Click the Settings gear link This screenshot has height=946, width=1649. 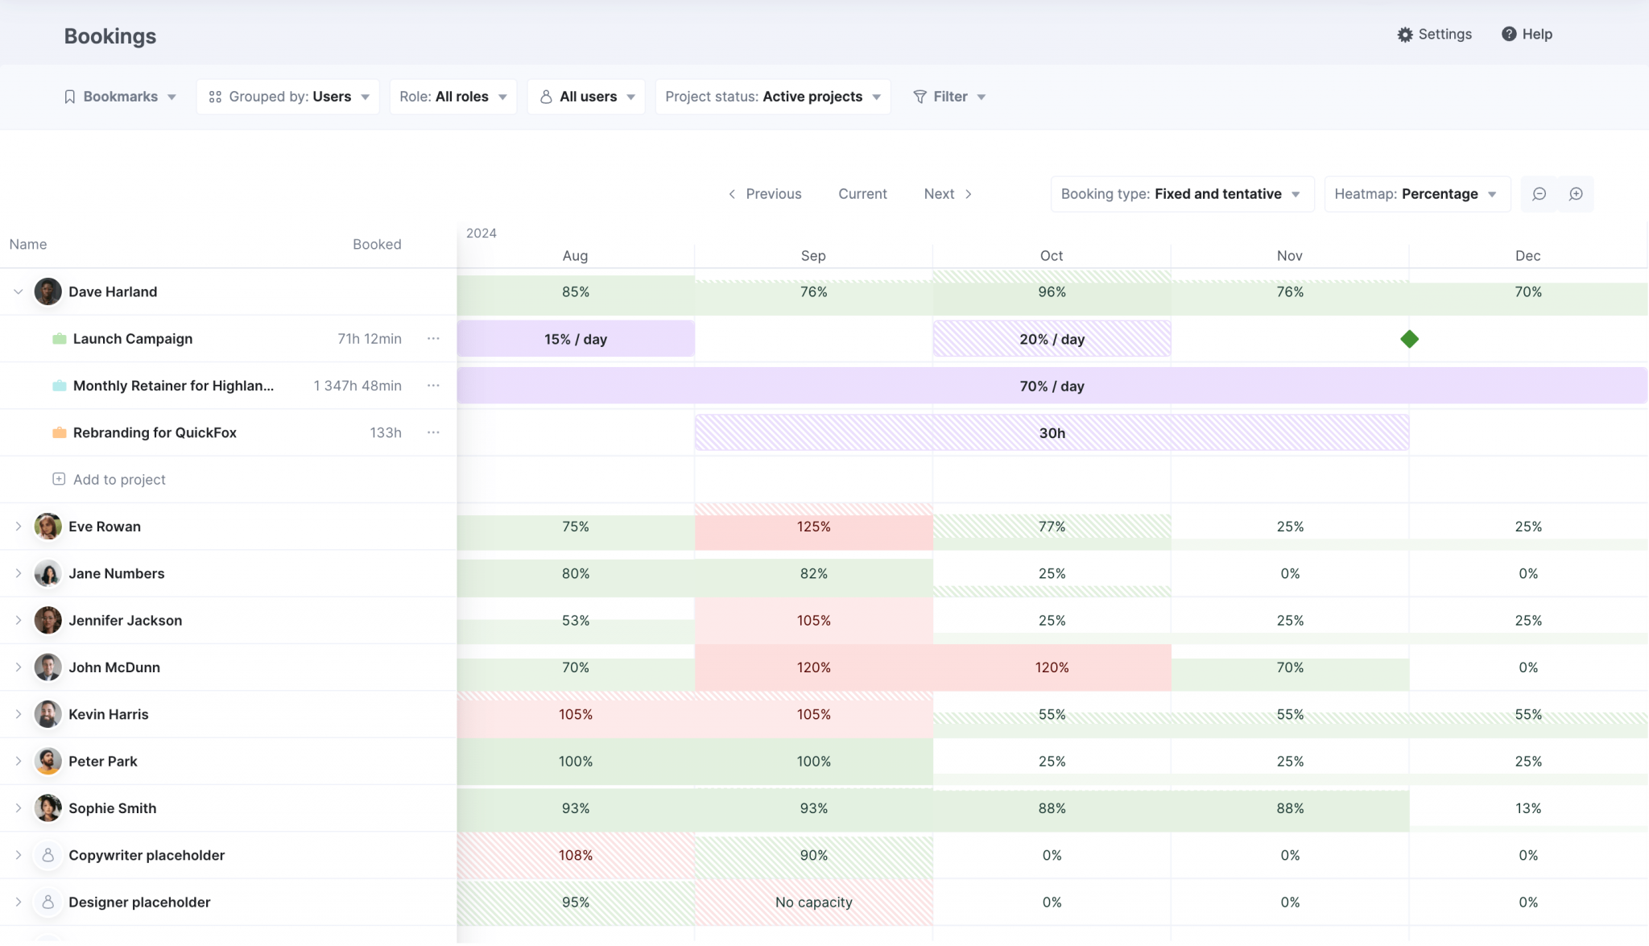(x=1434, y=35)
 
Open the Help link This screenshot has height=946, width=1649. (x=1527, y=35)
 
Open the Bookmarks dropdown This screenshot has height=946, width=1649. (x=119, y=97)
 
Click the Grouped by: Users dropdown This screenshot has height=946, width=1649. (x=287, y=97)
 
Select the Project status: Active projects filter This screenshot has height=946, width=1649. (x=772, y=97)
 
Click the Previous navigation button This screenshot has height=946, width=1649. (x=764, y=194)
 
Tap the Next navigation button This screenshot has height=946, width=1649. (x=948, y=194)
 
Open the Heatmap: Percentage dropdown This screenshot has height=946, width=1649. (x=1416, y=194)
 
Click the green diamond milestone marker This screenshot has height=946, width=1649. (x=1409, y=339)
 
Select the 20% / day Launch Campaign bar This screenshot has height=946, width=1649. (x=1052, y=339)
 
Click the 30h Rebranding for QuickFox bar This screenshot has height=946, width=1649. (x=1052, y=433)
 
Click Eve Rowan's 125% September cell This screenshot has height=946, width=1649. (x=813, y=527)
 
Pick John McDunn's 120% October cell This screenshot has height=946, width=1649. (x=1052, y=667)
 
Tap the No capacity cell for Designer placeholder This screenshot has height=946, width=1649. (x=813, y=903)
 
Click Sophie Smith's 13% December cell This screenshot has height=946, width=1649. (x=1527, y=808)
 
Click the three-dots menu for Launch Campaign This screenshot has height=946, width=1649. (x=433, y=339)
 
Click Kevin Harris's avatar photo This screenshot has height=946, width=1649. (x=48, y=714)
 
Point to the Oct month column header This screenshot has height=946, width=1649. (x=1051, y=256)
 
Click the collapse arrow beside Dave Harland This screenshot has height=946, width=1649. (x=18, y=291)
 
